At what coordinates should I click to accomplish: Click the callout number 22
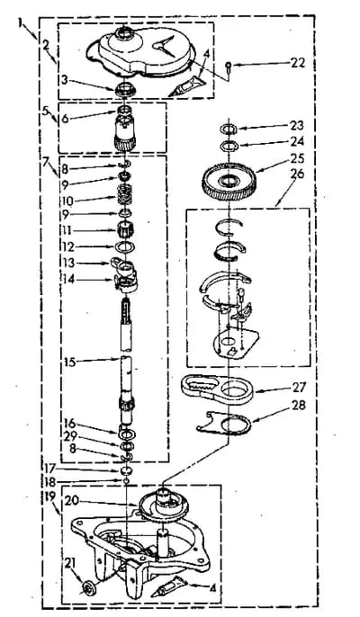pos(297,63)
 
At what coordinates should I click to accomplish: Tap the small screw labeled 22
pos(229,67)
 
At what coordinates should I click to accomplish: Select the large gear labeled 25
pos(229,182)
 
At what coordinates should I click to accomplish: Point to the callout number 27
pos(299,387)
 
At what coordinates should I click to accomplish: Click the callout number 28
pos(299,406)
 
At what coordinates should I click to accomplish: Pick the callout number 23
pos(297,126)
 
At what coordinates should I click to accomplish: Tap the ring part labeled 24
pos(229,146)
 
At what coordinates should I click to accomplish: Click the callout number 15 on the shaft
pos(70,362)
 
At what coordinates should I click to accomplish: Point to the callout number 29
pos(69,437)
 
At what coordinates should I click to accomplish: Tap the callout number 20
pos(73,500)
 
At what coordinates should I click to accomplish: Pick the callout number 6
pos(65,118)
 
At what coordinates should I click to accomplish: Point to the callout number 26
pos(297,174)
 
